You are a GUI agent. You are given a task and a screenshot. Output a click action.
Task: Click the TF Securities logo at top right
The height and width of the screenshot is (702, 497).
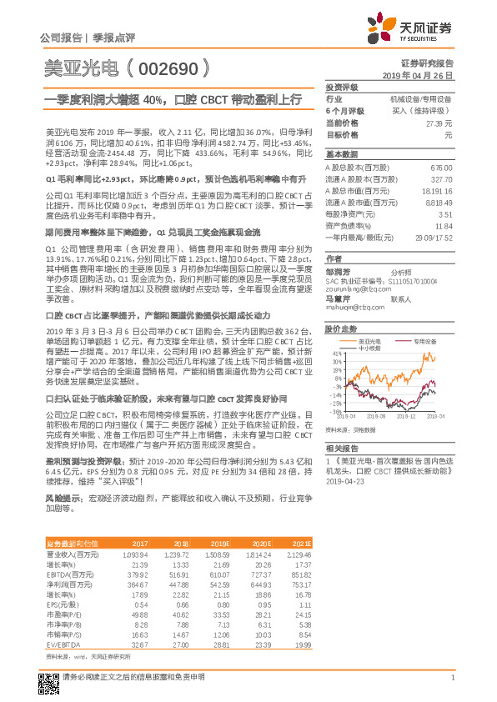tap(417, 29)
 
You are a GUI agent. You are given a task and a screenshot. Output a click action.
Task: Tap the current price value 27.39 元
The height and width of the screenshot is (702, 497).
tap(439, 122)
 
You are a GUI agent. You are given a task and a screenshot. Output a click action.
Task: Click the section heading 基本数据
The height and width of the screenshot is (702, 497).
tap(341, 155)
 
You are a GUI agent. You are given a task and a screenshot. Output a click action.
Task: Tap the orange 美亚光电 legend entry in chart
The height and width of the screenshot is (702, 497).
tap(368, 342)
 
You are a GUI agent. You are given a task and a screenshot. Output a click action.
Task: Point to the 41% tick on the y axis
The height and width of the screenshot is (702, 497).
tap(335, 354)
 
